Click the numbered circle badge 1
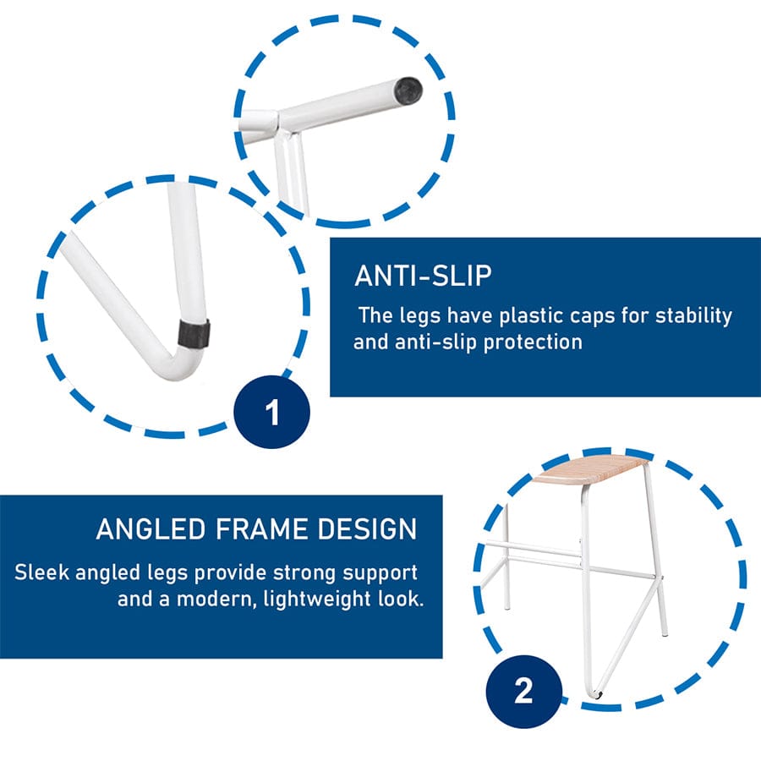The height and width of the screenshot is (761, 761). tap(271, 412)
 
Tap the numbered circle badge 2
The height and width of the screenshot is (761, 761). tap(523, 691)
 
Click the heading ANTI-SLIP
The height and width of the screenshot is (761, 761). tap(424, 276)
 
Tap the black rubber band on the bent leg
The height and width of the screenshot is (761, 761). tap(193, 333)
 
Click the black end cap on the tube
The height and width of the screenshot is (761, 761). tap(408, 90)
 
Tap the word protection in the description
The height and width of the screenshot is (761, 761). tap(533, 342)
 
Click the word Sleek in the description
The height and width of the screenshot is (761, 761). tap(41, 572)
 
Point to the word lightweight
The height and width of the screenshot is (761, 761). tap(317, 599)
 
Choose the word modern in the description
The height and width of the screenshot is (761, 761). tap(216, 599)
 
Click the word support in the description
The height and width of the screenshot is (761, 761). tap(380, 574)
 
